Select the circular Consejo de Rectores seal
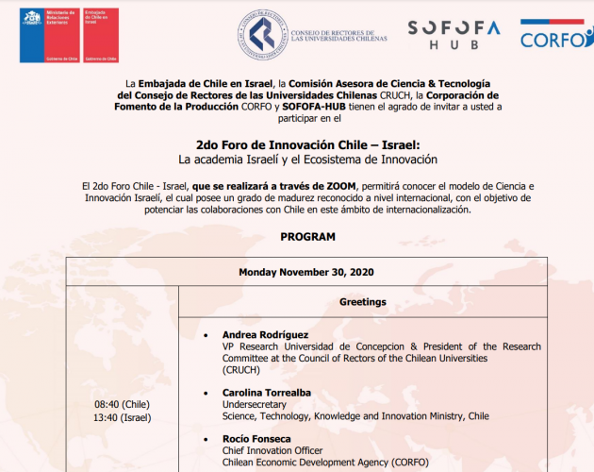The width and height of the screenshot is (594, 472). tap(261, 35)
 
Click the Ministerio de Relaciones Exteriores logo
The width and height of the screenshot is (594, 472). tap(46, 35)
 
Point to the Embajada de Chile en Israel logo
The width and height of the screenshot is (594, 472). tap(101, 35)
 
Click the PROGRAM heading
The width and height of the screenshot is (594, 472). tap(308, 236)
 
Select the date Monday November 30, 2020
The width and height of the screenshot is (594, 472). tap(306, 272)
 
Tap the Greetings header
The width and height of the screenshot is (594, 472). tap(363, 302)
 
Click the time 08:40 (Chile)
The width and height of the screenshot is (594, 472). tap(122, 403)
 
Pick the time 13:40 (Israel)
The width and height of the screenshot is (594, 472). tap(122, 417)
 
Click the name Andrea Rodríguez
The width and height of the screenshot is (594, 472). tap(265, 335)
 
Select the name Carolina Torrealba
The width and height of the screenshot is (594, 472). tap(267, 392)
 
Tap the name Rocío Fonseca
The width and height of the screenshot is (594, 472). tap(256, 439)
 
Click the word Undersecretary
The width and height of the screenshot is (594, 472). tap(254, 404)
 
